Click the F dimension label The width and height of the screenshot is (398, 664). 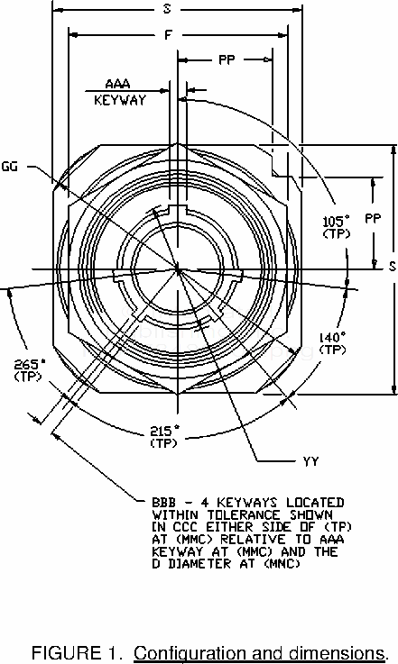[x=169, y=34]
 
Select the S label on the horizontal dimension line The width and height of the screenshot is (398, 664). [x=167, y=8]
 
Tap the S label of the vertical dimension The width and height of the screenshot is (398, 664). [x=392, y=266]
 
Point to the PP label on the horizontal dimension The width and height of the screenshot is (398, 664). [x=227, y=60]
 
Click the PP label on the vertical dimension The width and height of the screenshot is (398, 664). [x=373, y=219]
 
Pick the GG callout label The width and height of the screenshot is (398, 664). [x=10, y=167]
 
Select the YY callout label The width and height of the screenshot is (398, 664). [x=311, y=461]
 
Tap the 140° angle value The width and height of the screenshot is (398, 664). [x=332, y=337]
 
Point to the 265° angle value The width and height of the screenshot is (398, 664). [x=29, y=364]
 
